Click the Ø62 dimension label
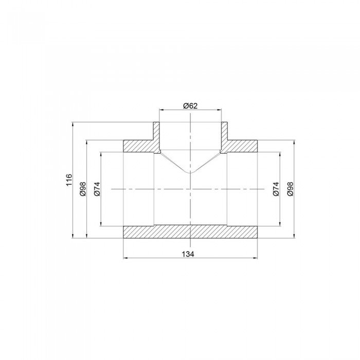pyautogui.click(x=190, y=106)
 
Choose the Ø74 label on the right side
pyautogui.click(x=276, y=189)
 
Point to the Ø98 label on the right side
pyautogui.click(x=290, y=189)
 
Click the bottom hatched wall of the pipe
pyautogui.click(x=190, y=232)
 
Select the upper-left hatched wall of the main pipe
pyautogui.click(x=138, y=146)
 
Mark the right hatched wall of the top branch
pyautogui.click(x=225, y=135)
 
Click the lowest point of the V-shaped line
pyautogui.click(x=190, y=173)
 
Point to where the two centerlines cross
pyautogui.click(x=190, y=189)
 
